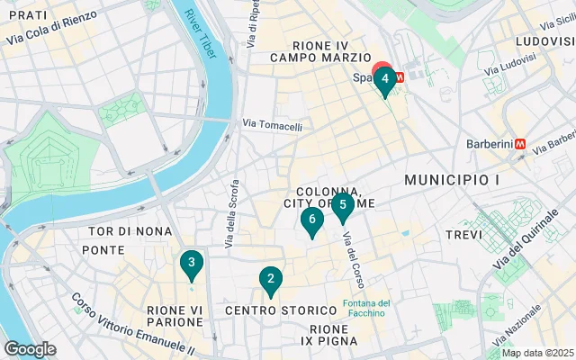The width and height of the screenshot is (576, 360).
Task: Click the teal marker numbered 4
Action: pos(385,79)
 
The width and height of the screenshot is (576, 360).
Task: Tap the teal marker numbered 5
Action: pos(343,205)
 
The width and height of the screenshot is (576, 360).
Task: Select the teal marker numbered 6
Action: pos(311,219)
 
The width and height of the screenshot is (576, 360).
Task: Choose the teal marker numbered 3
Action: pos(191,264)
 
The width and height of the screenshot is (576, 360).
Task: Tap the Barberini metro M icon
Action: pos(519,144)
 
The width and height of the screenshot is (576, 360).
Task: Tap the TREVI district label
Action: pos(465,235)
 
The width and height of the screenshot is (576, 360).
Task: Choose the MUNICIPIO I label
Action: pos(452,181)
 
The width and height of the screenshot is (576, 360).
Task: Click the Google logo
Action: pos(30,348)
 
